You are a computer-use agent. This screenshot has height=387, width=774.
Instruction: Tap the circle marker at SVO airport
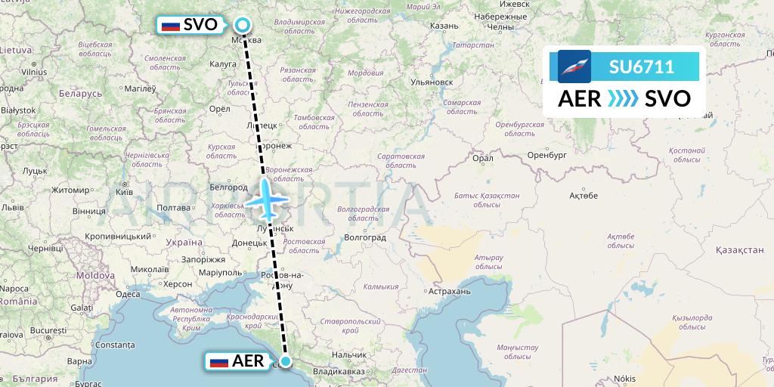[242, 26]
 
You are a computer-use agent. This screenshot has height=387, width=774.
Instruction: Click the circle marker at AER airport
[286, 361]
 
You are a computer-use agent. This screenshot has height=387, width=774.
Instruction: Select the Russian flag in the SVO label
[172, 26]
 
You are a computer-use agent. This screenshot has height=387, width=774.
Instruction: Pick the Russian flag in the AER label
[219, 361]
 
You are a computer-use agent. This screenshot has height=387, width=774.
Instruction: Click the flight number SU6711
[642, 67]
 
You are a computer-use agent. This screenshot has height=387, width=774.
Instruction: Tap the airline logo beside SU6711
[574, 67]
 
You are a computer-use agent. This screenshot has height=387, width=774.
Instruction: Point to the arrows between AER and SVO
[623, 99]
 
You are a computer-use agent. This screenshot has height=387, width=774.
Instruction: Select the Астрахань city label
[449, 291]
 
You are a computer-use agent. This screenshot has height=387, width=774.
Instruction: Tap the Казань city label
[444, 26]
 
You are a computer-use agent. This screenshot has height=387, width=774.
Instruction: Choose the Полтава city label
[172, 208]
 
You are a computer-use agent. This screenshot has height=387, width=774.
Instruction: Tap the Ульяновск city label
[431, 82]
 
